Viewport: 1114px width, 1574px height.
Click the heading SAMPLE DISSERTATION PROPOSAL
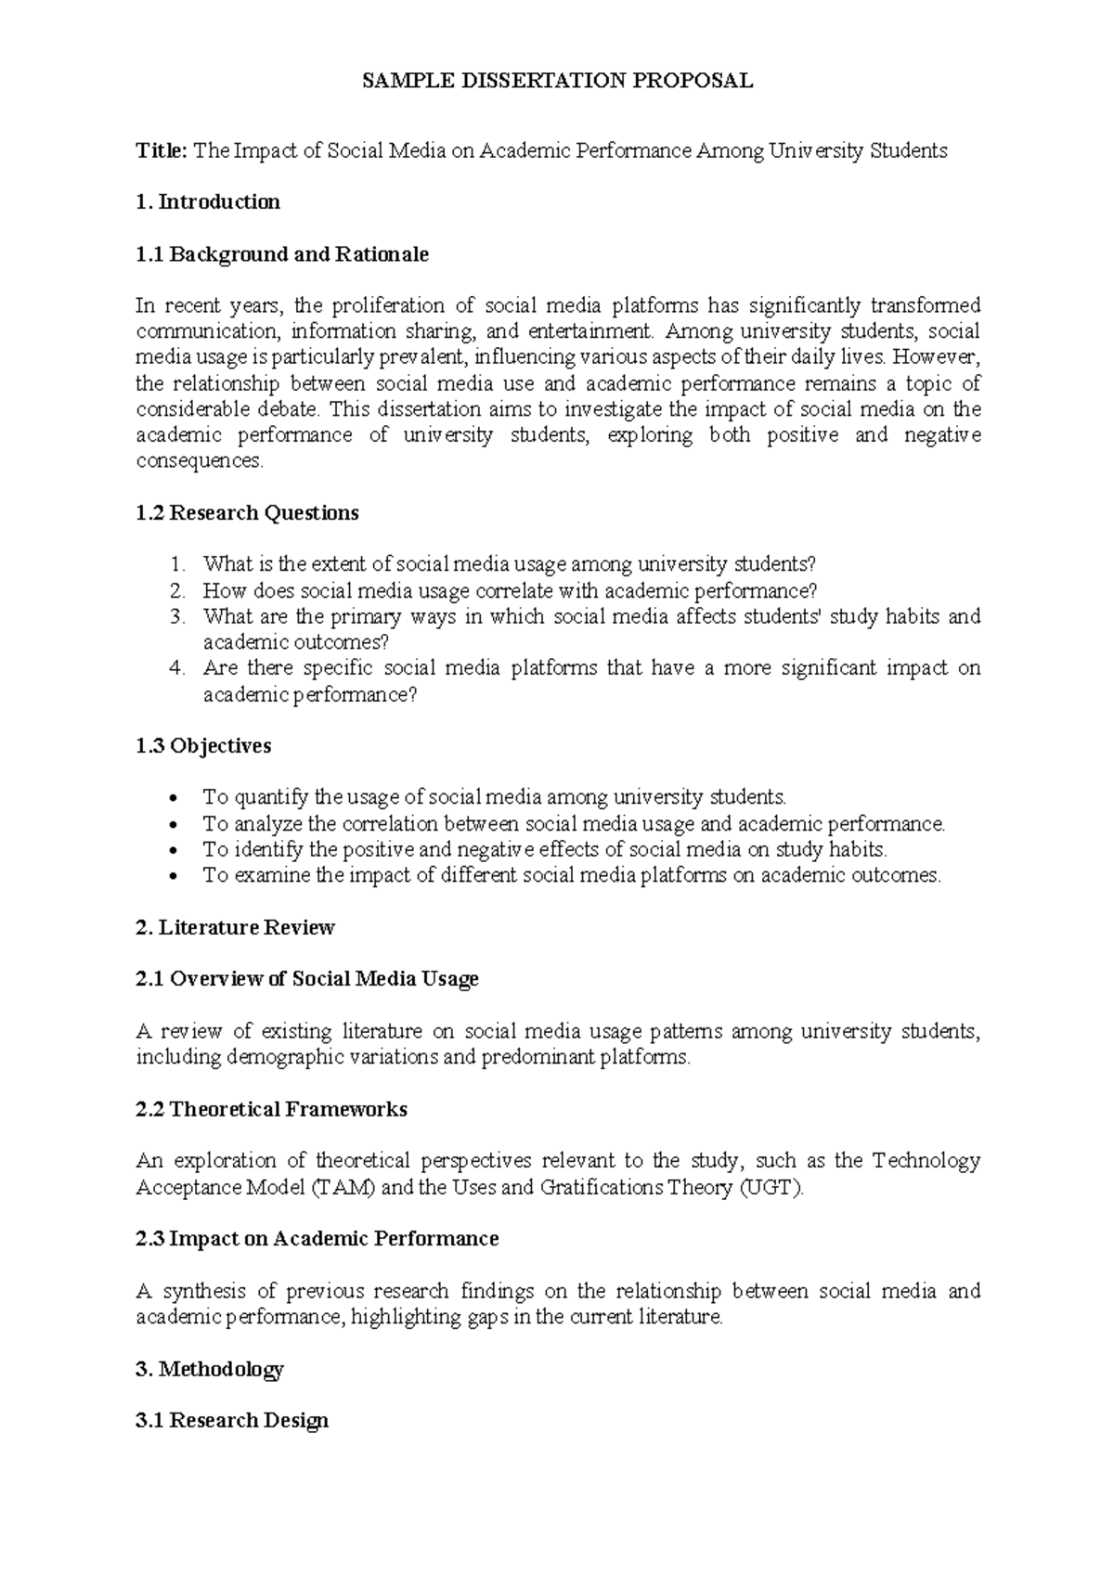click(557, 81)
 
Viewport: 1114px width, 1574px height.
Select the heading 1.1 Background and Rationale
click(282, 254)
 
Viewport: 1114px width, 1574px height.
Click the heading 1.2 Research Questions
click(247, 513)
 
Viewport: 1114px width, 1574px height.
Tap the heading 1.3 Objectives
click(203, 746)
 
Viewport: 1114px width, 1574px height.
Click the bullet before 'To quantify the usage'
click(178, 798)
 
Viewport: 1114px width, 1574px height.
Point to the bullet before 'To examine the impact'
click(178, 876)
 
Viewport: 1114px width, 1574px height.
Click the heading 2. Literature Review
click(235, 927)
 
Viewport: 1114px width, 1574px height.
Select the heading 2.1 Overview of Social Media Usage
click(307, 979)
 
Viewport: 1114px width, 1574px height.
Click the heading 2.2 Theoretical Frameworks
click(271, 1109)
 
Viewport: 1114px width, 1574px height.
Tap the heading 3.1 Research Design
click(232, 1420)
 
